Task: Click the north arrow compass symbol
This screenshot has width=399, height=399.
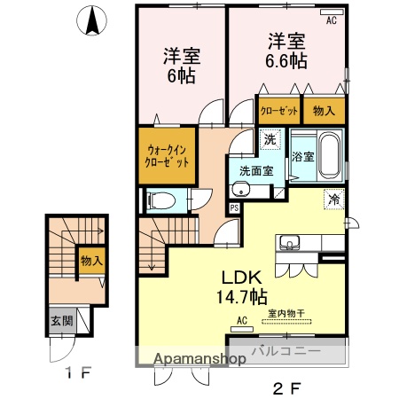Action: point(92,21)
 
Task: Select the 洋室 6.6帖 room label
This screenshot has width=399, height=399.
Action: point(286,51)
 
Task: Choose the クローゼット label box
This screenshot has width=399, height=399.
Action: point(278,112)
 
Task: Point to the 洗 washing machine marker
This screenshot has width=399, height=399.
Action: point(270,138)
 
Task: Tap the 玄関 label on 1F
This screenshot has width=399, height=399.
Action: point(57,321)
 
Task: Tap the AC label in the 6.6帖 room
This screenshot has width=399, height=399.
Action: point(331,20)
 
